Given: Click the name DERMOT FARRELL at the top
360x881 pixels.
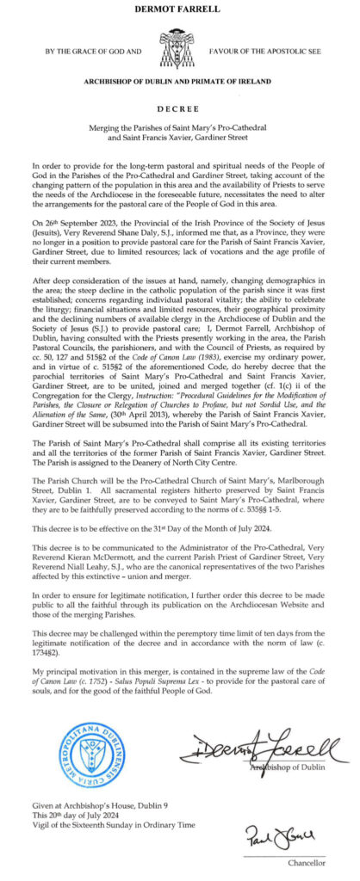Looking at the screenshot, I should (x=179, y=9).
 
